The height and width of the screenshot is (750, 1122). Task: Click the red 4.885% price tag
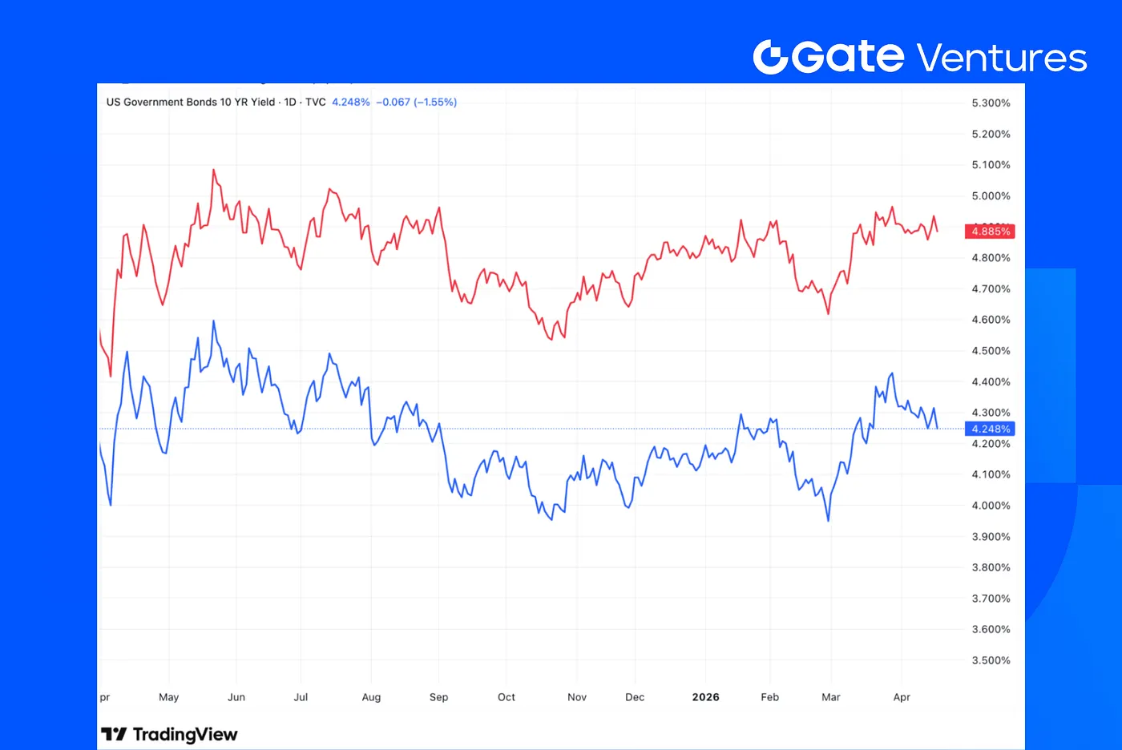pos(991,232)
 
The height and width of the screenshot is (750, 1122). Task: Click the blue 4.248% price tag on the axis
pos(991,429)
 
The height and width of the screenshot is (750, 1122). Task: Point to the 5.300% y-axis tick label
pos(991,103)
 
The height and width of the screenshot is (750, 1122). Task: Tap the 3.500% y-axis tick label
pos(991,660)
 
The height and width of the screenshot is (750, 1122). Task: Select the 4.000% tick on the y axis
pos(991,506)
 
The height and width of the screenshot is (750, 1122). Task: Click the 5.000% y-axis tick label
pos(991,196)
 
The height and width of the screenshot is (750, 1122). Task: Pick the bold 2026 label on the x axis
pos(705,697)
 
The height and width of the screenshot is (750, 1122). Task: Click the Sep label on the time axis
pos(438,697)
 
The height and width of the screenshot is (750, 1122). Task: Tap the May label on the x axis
pos(168,697)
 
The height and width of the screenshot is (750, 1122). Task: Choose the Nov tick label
pos(577,697)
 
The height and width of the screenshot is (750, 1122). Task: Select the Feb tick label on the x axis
pos(769,697)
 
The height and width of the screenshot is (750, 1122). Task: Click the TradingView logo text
pos(170,735)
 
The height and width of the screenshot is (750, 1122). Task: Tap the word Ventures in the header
pos(1001,58)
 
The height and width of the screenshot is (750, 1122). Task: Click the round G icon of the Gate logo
pos(771,57)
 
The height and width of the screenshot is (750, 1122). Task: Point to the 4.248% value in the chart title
pos(351,103)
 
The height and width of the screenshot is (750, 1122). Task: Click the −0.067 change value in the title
pos(393,103)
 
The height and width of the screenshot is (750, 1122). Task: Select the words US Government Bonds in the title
pos(161,103)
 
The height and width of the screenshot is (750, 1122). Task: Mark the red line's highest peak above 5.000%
pos(214,170)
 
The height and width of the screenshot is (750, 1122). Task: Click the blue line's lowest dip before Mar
pos(828,521)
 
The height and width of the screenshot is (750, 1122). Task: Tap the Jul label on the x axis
pos(301,697)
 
